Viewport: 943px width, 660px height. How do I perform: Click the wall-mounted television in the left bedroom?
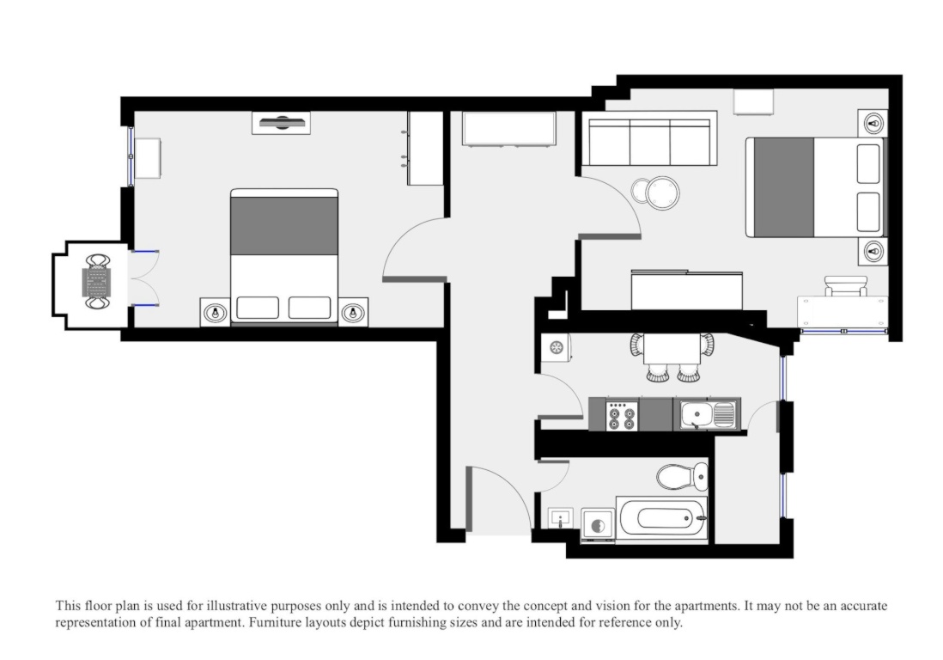(282, 123)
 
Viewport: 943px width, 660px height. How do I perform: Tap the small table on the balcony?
(96, 282)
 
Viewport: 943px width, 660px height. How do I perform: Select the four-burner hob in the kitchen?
(621, 415)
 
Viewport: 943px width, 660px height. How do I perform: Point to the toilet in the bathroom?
(682, 476)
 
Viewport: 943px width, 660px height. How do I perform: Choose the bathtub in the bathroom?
(661, 518)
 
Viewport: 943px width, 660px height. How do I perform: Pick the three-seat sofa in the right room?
(649, 142)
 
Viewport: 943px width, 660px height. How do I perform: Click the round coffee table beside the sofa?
(662, 192)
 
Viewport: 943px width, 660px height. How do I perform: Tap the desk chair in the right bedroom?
(846, 286)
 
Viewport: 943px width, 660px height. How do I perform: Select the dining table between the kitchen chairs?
(671, 348)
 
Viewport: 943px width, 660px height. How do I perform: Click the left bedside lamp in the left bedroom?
(215, 313)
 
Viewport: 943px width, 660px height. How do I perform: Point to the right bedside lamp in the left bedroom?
(353, 313)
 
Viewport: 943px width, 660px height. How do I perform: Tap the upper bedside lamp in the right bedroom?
(873, 125)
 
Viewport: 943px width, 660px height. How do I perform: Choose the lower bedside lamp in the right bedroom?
(873, 251)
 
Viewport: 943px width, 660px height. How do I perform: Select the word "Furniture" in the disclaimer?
(275, 622)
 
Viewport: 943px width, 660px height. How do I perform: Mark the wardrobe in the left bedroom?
(425, 148)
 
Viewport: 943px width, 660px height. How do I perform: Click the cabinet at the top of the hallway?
(508, 128)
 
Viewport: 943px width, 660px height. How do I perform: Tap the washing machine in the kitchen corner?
(556, 347)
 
